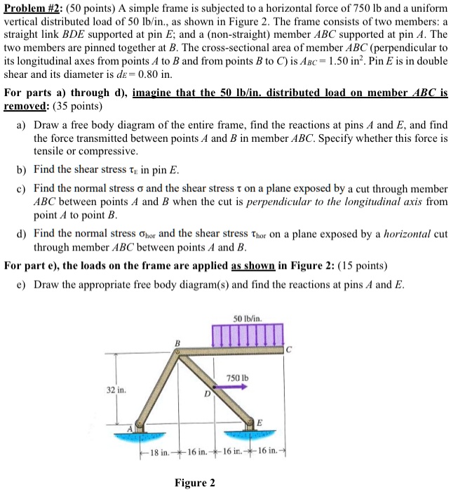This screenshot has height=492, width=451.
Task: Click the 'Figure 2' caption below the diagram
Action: [x=195, y=482]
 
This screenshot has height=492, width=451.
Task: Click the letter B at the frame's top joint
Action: [x=177, y=342]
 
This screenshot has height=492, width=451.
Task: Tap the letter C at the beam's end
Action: [x=289, y=349]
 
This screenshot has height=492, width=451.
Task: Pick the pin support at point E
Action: [x=253, y=425]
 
